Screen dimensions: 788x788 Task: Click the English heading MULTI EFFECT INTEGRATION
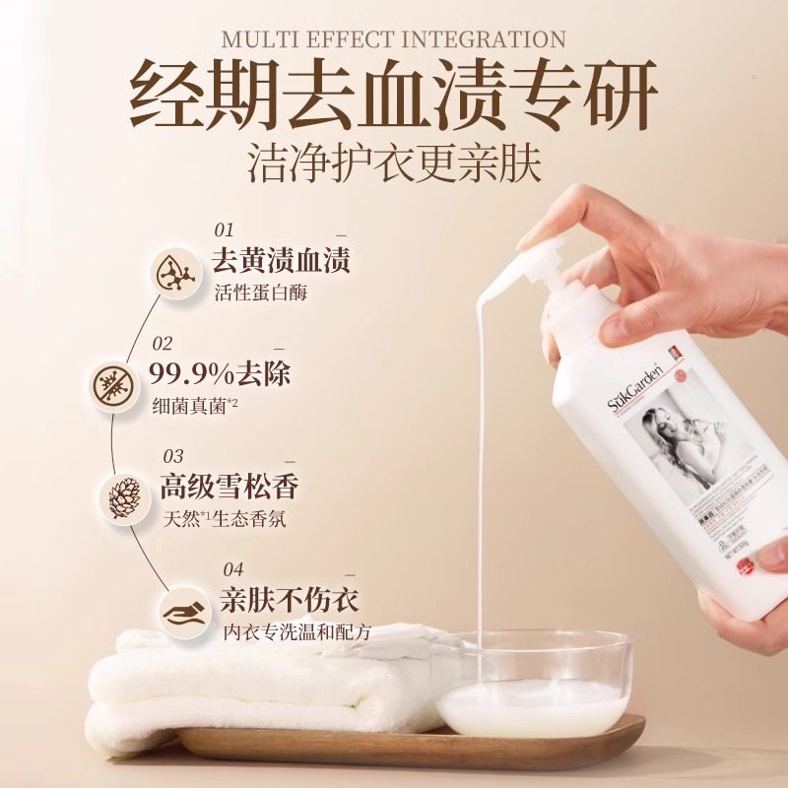point(394,40)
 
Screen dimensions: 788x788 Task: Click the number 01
point(225,230)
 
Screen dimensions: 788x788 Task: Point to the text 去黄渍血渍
point(282,260)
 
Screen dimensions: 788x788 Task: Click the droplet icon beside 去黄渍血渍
point(174,273)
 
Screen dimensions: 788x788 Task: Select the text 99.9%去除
point(220,374)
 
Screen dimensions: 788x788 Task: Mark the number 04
point(232,568)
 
